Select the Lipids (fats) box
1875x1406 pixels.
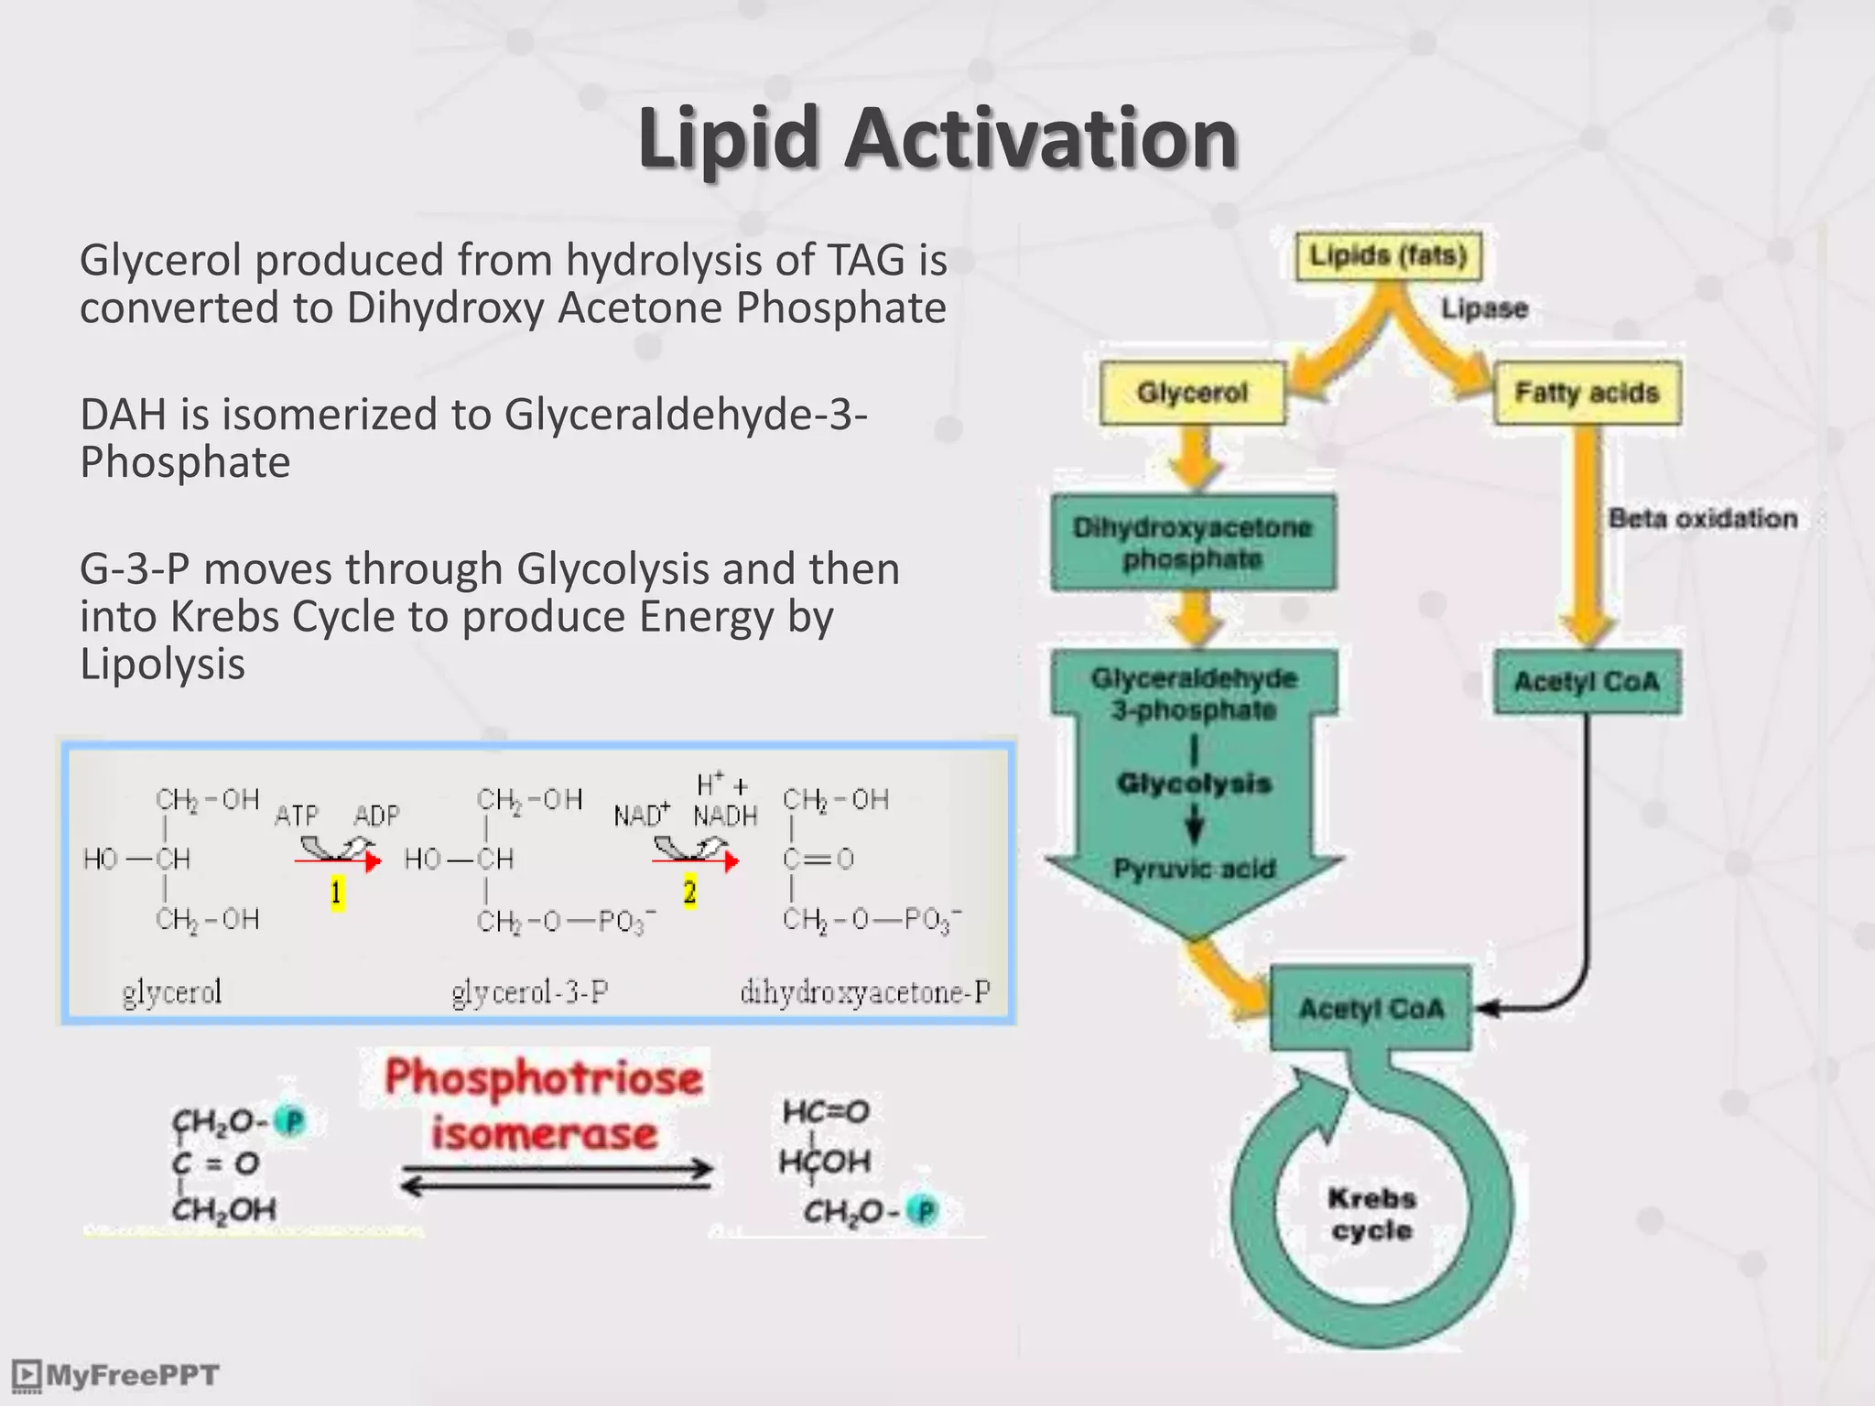[1388, 255]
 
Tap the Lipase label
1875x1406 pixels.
[1484, 308]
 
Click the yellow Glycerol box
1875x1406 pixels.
[1192, 393]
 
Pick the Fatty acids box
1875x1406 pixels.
[1587, 393]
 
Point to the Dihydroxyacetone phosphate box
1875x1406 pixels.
[1193, 543]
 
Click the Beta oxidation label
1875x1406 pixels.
[1703, 518]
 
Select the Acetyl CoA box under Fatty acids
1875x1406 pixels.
[1587, 682]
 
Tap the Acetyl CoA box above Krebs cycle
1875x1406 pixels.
[1371, 1009]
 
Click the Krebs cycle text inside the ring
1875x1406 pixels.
[1371, 1214]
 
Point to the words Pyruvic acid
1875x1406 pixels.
[1194, 868]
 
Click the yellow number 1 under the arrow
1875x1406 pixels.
[337, 892]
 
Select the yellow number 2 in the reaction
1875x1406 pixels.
[690, 892]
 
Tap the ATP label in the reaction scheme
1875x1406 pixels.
[297, 815]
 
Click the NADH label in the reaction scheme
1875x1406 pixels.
[725, 815]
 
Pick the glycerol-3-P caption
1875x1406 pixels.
[530, 991]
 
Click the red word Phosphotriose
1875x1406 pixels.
[544, 1077]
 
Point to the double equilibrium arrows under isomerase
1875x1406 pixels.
[557, 1177]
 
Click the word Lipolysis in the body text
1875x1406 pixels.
[162, 664]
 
